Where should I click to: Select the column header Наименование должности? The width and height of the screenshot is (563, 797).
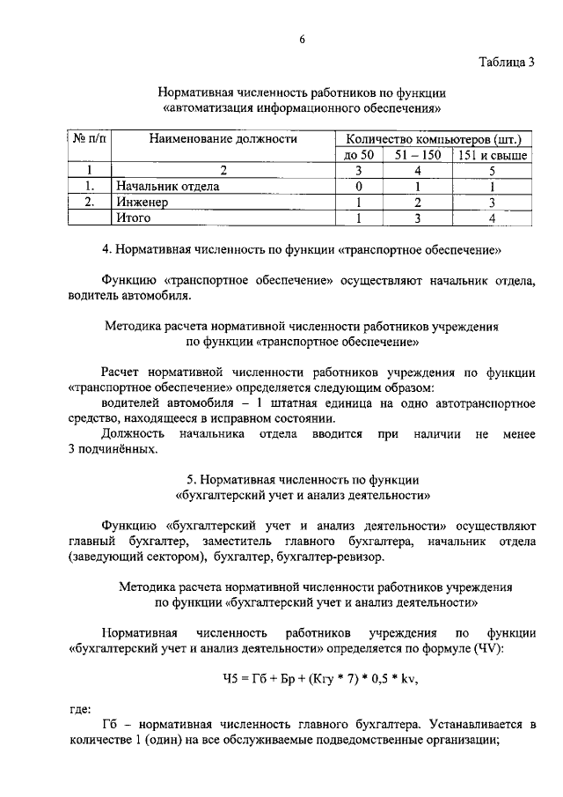coord(223,138)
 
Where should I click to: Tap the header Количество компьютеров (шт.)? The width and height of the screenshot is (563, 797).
coord(433,138)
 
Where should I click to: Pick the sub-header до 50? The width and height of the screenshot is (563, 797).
coord(359,155)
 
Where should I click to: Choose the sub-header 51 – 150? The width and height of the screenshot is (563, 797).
coord(419,155)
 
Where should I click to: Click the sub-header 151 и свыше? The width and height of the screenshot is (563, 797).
coord(491,155)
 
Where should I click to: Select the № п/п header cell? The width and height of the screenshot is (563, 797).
coord(88,138)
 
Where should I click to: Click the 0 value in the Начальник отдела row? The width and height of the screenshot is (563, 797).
coord(359,187)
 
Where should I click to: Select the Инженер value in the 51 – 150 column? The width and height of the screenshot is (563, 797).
coord(419,202)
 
